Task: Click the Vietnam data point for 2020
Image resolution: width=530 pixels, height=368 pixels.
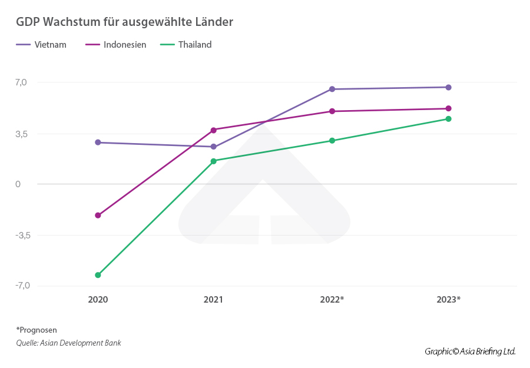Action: coord(98,142)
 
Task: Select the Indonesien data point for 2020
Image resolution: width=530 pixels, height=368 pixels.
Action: coord(98,216)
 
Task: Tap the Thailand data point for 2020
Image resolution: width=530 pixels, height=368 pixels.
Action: coord(98,275)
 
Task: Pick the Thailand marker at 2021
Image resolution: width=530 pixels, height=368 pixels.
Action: coord(213,161)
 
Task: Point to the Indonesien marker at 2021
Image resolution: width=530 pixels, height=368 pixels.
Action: coord(213,130)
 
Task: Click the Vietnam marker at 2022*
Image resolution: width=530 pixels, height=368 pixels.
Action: coord(332,89)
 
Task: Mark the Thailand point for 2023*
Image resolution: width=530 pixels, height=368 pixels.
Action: coord(448,119)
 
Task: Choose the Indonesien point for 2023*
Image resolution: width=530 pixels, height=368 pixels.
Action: coord(448,108)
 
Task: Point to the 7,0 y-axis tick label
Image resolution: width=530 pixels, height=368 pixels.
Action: coord(21,82)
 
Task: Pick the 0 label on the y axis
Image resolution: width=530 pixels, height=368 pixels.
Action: coord(18,184)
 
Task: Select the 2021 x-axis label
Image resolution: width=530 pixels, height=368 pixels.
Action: coord(213,299)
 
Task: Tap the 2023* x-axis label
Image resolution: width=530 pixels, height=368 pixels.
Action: coord(448,299)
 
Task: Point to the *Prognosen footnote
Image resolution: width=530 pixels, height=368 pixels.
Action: coord(37,330)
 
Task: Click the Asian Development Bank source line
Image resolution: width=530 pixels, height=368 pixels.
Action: coord(68,343)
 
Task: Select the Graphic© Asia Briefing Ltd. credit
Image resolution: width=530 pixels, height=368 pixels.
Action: coord(470,352)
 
